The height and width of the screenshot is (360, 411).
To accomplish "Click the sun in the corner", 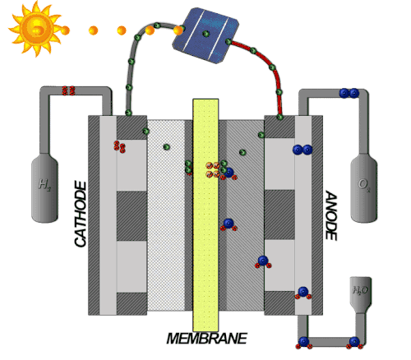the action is (x=35, y=29).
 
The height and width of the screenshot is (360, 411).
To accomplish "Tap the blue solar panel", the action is (x=205, y=35).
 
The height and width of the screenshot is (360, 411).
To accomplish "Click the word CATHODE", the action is (x=81, y=214).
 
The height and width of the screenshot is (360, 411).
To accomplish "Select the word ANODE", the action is (x=331, y=215).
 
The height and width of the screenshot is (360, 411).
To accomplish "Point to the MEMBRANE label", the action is (x=206, y=339).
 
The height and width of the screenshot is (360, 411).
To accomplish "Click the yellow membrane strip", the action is (x=205, y=215).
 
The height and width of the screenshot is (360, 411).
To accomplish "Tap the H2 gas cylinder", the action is (x=44, y=187).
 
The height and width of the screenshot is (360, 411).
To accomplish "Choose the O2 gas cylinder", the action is (x=364, y=188).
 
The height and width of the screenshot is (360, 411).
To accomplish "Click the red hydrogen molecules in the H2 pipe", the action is (x=68, y=90).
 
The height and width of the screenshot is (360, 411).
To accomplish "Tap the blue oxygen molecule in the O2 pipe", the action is (x=349, y=93).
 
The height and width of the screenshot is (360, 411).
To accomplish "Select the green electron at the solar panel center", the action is (x=206, y=34).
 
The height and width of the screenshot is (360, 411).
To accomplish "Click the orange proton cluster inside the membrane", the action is (x=213, y=170).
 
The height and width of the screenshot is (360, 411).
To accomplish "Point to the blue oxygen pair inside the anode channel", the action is (x=302, y=150).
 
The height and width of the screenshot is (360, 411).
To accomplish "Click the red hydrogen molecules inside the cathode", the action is (x=119, y=146).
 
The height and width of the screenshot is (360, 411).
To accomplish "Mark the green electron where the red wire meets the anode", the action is (x=279, y=118).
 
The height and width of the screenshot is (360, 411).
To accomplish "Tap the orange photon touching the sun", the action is (x=65, y=30).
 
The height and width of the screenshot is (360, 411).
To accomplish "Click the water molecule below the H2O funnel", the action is (x=354, y=343).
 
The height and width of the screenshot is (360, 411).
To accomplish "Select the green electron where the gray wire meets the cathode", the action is (x=128, y=113).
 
